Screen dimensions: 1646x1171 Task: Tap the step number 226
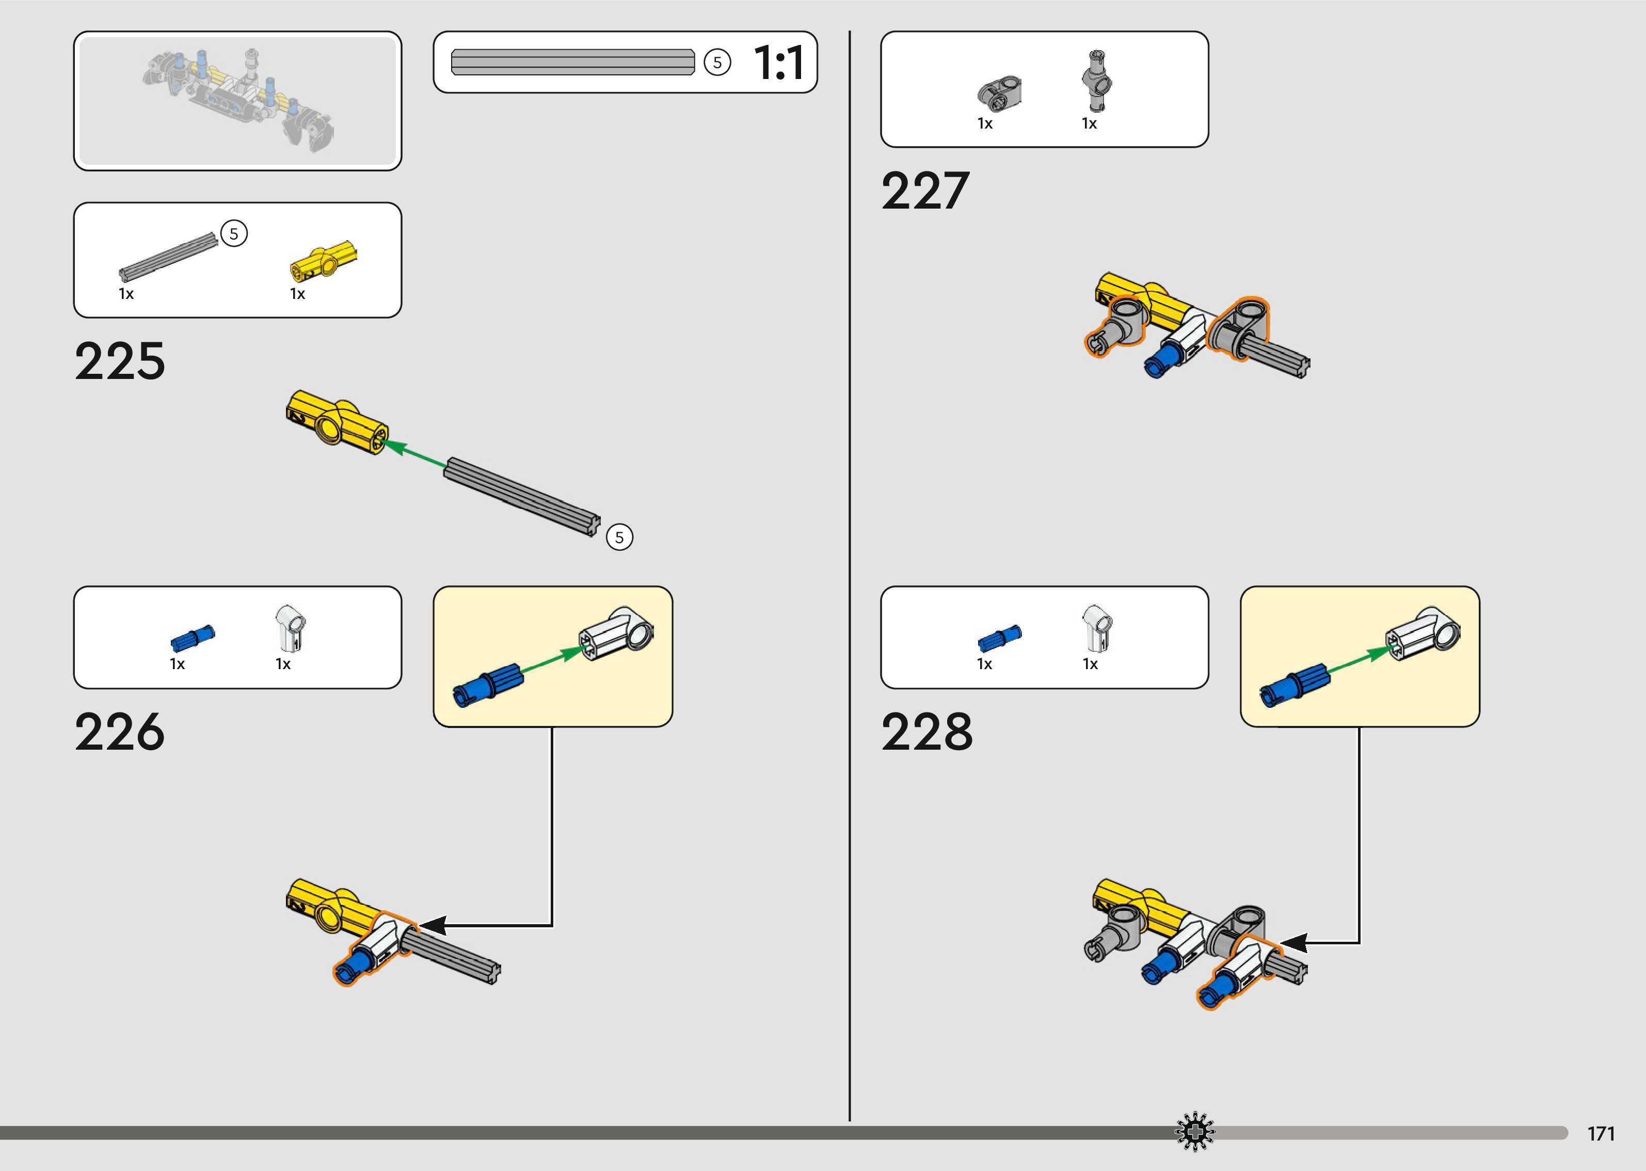120,732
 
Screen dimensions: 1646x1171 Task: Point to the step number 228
927,732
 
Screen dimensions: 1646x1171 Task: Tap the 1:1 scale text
778,63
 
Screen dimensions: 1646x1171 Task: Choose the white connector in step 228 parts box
1097,626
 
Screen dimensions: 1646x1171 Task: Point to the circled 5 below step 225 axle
619,537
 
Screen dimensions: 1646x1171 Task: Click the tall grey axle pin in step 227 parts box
1096,80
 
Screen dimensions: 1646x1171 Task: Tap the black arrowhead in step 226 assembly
433,925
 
